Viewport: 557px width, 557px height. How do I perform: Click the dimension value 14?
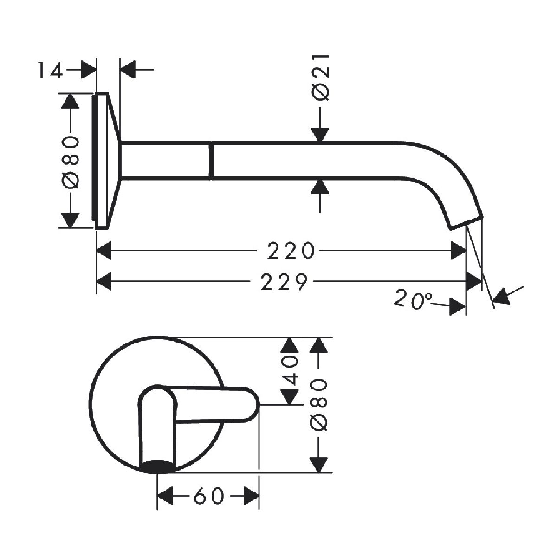pyautogui.click(x=50, y=71)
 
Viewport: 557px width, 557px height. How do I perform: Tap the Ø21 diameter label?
pyautogui.click(x=321, y=78)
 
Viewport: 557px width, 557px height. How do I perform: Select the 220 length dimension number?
pyautogui.click(x=291, y=251)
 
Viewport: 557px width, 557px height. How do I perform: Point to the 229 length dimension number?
pyautogui.click(x=284, y=282)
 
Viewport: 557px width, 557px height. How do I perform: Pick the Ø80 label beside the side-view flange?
pyautogui.click(x=70, y=162)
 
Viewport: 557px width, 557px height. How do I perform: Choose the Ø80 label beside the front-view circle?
pyautogui.click(x=319, y=409)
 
